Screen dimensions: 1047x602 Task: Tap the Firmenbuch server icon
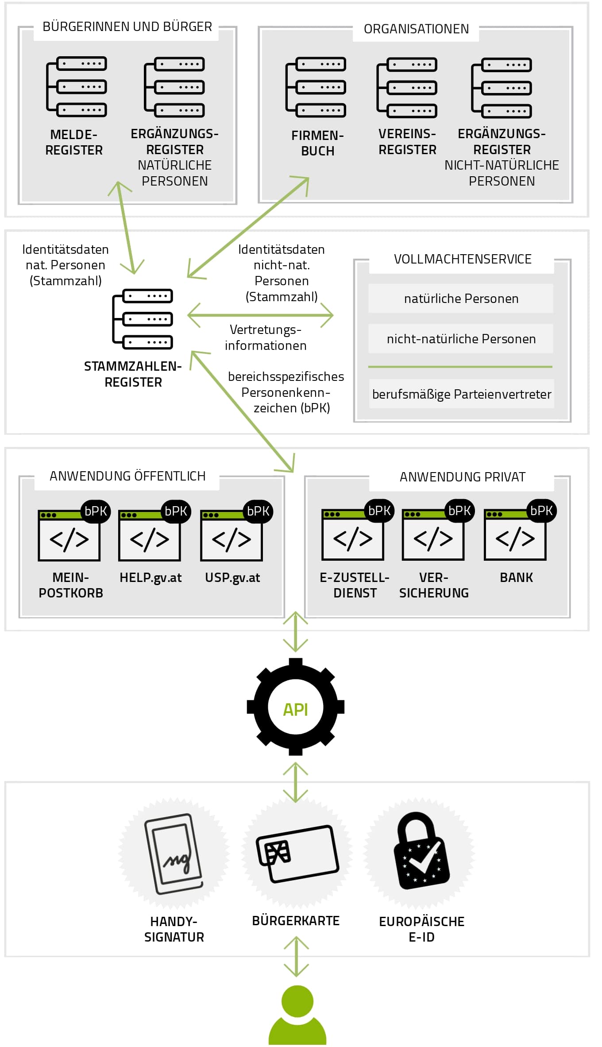pos(316,87)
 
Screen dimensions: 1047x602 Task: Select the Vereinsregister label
pos(407,142)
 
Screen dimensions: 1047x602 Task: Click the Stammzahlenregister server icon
pos(143,319)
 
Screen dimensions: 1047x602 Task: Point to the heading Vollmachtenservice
pos(463,259)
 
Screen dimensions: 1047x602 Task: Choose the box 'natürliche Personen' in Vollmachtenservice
pos(461,299)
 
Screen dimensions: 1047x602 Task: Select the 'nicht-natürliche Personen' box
pos(461,339)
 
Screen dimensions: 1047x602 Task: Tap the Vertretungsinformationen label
pos(266,337)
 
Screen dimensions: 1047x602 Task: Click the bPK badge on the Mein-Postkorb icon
pos(96,511)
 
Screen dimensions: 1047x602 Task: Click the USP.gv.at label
pos(232,578)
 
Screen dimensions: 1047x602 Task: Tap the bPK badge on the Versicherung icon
pos(459,511)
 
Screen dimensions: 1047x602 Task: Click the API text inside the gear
pos(295,710)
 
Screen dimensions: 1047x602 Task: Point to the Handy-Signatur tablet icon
pos(174,854)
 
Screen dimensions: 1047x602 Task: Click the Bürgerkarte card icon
pos(297,853)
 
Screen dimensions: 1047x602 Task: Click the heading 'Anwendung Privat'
pos(463,477)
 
